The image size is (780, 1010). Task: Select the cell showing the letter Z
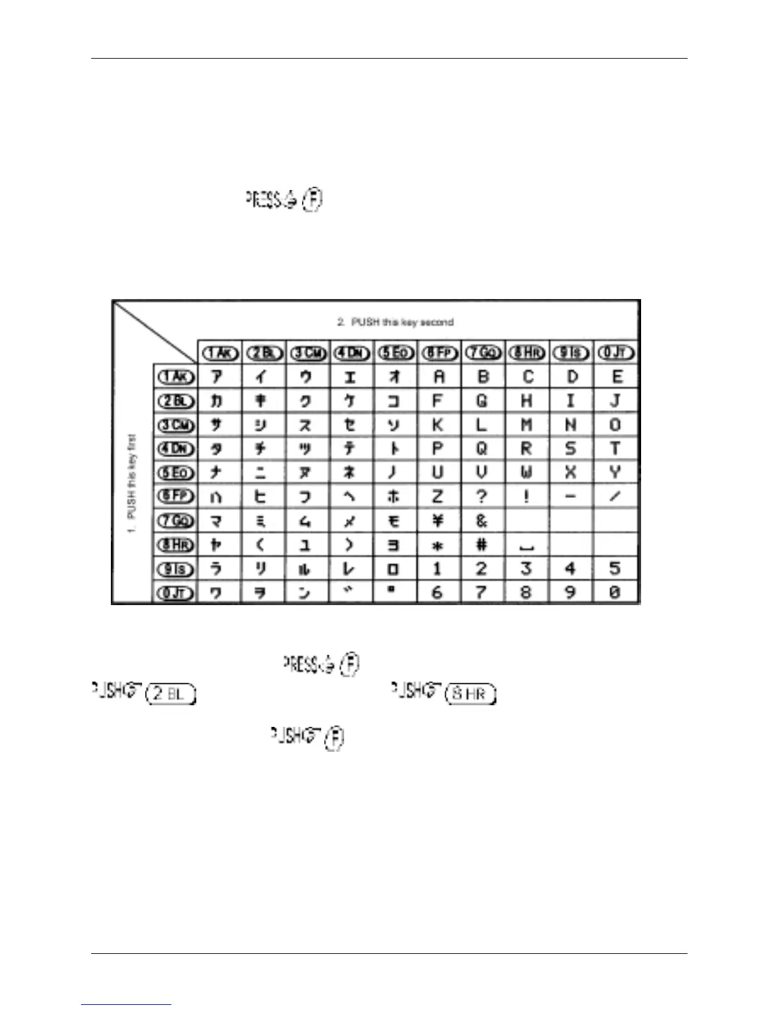tap(438, 497)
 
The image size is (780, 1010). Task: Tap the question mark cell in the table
tap(482, 497)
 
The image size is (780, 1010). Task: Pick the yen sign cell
tap(438, 521)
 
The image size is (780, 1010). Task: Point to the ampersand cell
tap(482, 521)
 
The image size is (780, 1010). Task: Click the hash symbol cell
tap(482, 545)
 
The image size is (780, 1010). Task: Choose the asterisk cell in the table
tap(438, 545)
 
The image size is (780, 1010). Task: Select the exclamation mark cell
tap(526, 497)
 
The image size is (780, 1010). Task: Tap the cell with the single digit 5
tap(615, 568)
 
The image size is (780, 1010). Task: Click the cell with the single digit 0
tap(615, 592)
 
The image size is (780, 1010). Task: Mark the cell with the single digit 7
tap(482, 592)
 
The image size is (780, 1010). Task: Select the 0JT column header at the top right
tap(615, 353)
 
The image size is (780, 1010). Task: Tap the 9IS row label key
tap(175, 568)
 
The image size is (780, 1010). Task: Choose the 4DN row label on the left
tap(175, 448)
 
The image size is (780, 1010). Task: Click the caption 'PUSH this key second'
tap(395, 322)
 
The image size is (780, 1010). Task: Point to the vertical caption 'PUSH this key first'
tap(132, 485)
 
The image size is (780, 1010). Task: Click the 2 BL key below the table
tap(170, 694)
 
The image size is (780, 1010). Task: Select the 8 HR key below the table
tap(470, 694)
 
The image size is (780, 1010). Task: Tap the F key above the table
tap(313, 200)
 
